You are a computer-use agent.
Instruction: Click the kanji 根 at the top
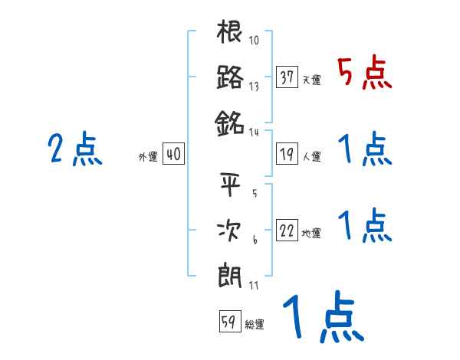(x=230, y=33)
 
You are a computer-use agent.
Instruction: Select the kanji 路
(x=230, y=77)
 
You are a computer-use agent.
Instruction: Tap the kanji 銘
(x=230, y=122)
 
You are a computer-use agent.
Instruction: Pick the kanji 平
(x=230, y=185)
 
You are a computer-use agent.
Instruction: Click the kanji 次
(x=230, y=231)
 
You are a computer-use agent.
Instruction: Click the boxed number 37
(x=287, y=77)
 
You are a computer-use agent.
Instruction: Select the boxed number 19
(x=287, y=154)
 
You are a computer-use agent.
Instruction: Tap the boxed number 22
(x=287, y=231)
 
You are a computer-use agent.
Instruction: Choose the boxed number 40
(x=173, y=154)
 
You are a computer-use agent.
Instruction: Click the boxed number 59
(x=228, y=322)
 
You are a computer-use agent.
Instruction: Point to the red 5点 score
(x=365, y=74)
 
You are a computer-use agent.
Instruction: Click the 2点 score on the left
(x=74, y=150)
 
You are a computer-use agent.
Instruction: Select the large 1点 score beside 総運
(x=322, y=318)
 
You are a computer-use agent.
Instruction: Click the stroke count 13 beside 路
(x=255, y=87)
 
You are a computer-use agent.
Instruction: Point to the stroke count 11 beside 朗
(x=254, y=285)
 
